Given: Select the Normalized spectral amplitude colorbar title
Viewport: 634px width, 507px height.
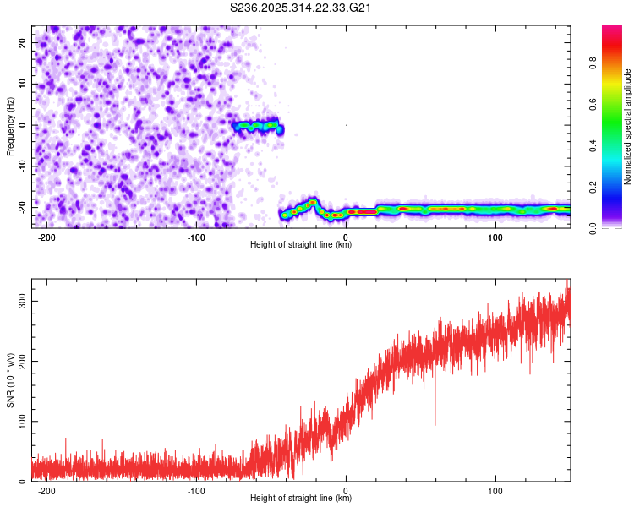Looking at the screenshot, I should [x=628, y=127].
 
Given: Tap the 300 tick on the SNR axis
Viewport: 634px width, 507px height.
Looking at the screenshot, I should [x=20, y=301].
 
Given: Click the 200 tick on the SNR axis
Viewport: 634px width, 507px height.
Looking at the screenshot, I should [x=20, y=361].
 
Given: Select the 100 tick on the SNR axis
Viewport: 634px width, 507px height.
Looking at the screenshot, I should [x=20, y=421].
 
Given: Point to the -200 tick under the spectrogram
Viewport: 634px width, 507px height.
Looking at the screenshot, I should [x=47, y=237].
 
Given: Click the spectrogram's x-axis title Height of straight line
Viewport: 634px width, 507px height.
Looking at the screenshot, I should [x=301, y=245].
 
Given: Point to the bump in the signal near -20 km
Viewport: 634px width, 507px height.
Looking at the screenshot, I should [x=314, y=202].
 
